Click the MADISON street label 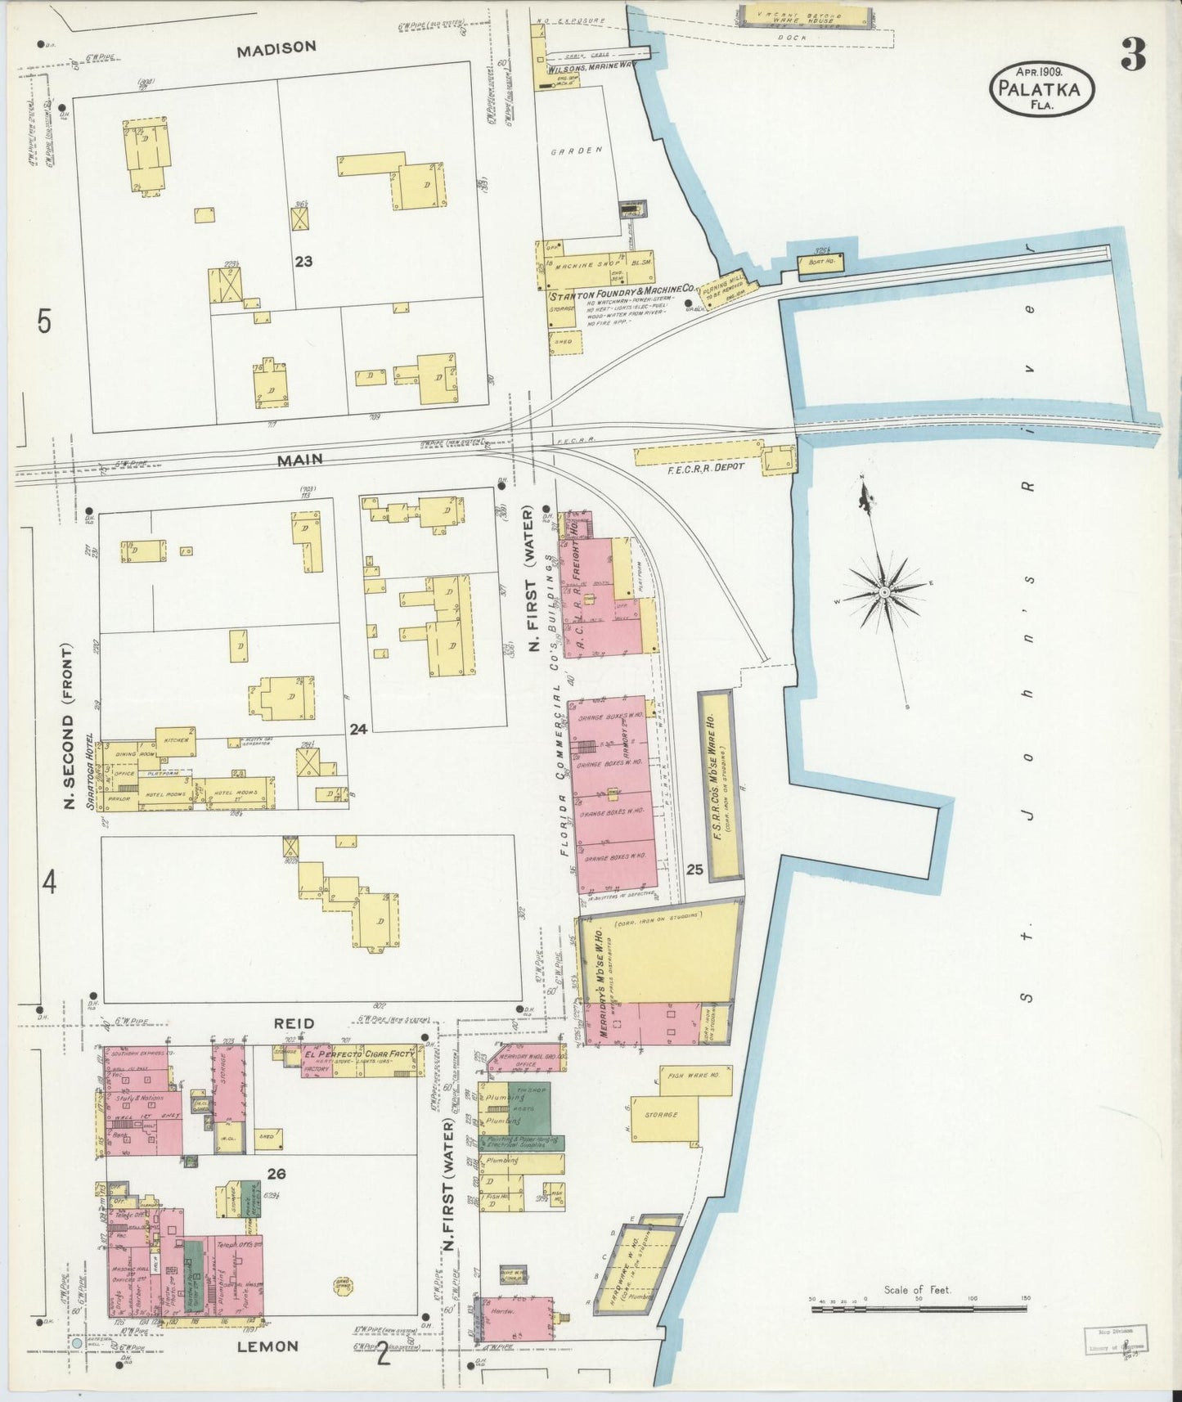click(x=276, y=49)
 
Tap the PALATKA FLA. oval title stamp click(x=1041, y=90)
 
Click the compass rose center click(x=884, y=591)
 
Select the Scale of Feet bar click(x=918, y=1309)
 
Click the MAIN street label click(x=299, y=461)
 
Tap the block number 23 click(x=303, y=262)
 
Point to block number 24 click(x=357, y=729)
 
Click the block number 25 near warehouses click(x=694, y=870)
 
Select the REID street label click(x=294, y=1023)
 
